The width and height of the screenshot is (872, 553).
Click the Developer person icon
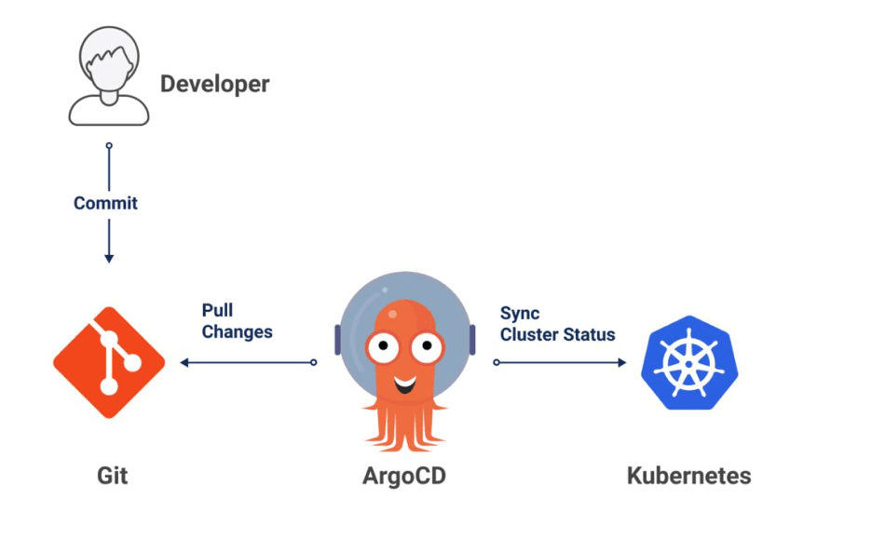tap(109, 76)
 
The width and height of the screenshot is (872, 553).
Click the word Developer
tap(214, 84)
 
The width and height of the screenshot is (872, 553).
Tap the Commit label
tap(105, 203)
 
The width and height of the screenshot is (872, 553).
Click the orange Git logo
tap(109, 361)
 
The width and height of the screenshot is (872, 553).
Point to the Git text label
tap(112, 476)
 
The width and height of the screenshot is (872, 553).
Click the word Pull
tap(217, 311)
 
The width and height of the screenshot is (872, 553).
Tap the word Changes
tap(237, 331)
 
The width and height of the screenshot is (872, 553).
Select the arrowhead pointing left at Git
tap(184, 362)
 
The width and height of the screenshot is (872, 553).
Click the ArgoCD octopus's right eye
tap(427, 349)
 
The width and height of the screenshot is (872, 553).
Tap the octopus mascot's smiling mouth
tap(404, 383)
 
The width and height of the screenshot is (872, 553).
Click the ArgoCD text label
tap(404, 476)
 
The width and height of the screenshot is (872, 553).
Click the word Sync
tap(520, 314)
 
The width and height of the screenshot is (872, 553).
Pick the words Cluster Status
tap(557, 334)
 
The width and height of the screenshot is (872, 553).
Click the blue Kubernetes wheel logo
tap(689, 362)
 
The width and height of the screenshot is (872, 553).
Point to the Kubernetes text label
tap(688, 476)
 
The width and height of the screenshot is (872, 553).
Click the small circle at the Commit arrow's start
tap(109, 146)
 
